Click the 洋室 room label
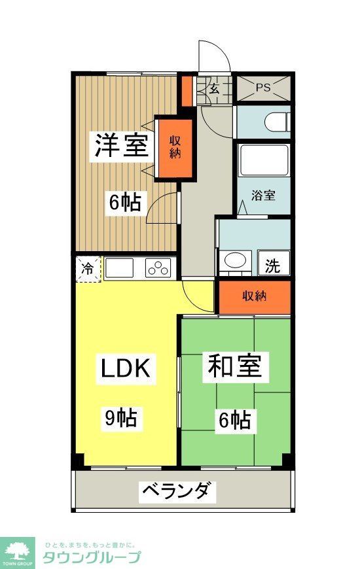coord(121,146)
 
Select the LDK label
coord(126,369)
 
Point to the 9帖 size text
coord(121,417)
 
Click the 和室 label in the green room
coord(235,367)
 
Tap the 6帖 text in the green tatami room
coord(235,419)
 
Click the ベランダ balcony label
coord(177,491)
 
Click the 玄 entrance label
coord(214,89)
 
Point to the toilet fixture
coord(276,122)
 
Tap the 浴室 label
coord(264,195)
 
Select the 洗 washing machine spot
coord(273,266)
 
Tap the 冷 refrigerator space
coord(87,268)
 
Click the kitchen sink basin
coord(120,268)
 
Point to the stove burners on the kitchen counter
coord(158,267)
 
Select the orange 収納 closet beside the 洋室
coord(175,148)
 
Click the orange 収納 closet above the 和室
coord(255,296)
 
